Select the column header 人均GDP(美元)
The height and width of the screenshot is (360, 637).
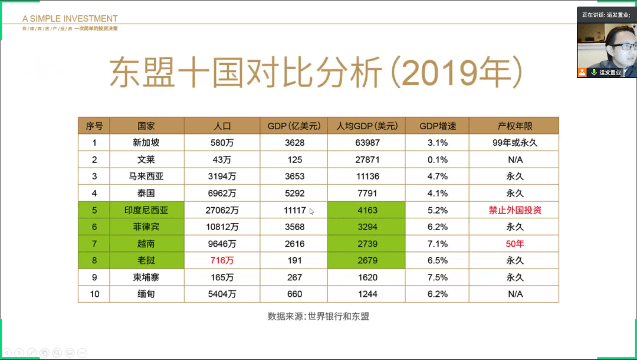pos(366,126)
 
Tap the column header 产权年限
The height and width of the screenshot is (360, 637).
pos(514,126)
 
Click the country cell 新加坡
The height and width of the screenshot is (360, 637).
pos(146,143)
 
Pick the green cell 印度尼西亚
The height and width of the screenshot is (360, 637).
pos(146,210)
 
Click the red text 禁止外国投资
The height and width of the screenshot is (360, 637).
pos(514,210)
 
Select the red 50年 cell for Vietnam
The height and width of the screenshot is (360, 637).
pos(514,244)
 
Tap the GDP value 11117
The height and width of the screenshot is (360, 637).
pos(293,210)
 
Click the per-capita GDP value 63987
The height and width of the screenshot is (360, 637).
pos(366,143)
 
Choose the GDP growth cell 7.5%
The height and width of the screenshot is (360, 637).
pos(437,277)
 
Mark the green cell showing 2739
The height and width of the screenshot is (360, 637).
pos(366,244)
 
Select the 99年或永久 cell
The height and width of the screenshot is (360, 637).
pos(514,143)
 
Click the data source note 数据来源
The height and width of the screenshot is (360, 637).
pos(318,316)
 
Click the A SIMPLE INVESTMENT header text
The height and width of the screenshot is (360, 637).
pos(70,19)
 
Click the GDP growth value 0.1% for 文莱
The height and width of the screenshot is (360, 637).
pos(437,160)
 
